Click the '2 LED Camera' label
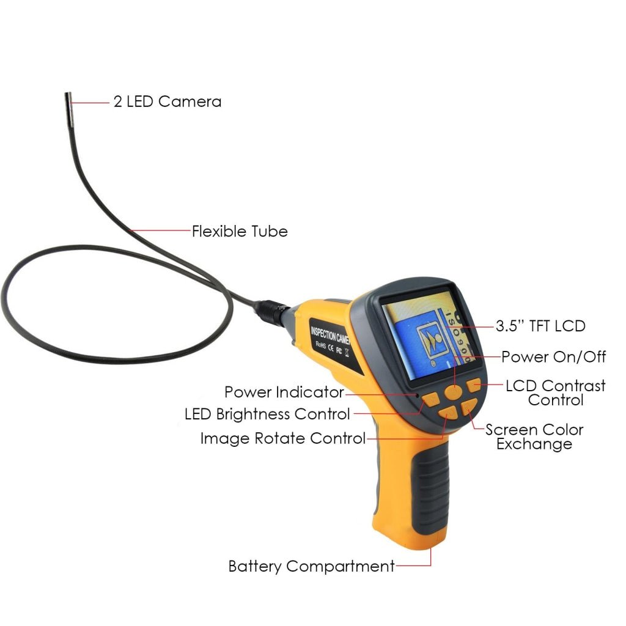(168, 101)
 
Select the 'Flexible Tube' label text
(240, 231)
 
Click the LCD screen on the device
(427, 334)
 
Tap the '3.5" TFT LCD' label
(540, 326)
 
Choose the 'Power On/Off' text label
(554, 356)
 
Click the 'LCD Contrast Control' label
(555, 392)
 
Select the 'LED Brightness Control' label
(267, 414)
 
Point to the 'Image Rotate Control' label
(282, 438)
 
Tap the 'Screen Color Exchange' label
(534, 436)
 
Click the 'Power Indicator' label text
(284, 392)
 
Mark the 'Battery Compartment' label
(311, 566)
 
